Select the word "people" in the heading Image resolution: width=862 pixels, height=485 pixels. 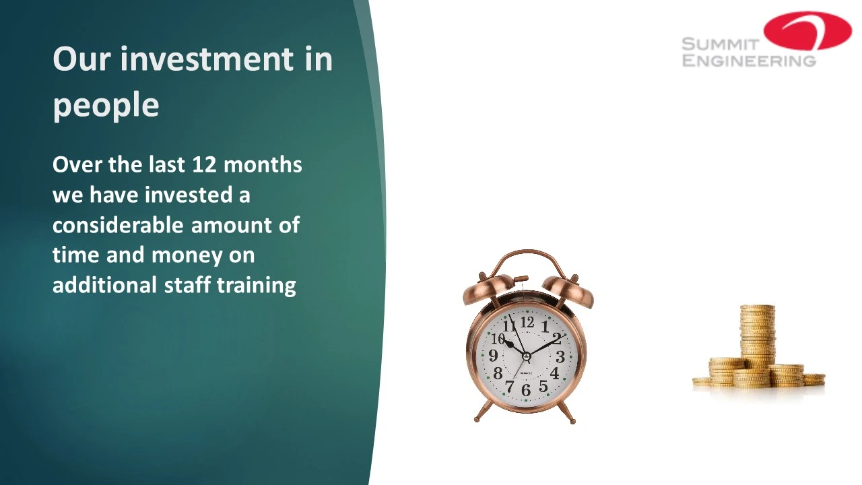coord(106,106)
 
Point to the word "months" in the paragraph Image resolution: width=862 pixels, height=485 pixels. coord(263,164)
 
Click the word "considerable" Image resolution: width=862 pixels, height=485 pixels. coord(118,225)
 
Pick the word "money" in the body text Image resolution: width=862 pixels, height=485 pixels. coord(187,256)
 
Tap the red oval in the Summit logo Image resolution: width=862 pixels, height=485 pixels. coord(807,31)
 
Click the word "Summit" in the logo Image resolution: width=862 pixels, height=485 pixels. coord(720,44)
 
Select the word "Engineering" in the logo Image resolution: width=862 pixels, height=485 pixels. coord(749,61)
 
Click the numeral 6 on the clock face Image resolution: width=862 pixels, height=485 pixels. coord(526,390)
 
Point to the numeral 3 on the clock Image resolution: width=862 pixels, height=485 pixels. coord(560,357)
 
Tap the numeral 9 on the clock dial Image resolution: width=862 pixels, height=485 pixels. coord(493,355)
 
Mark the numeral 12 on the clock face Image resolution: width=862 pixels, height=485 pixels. coord(527,322)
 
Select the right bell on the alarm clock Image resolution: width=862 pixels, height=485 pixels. coord(569,291)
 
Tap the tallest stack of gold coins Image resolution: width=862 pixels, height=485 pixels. coord(758,335)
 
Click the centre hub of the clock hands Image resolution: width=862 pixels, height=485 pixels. coord(527,356)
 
